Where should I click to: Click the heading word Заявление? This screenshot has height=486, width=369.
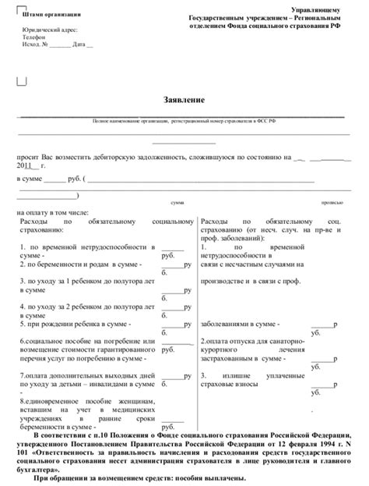pos(184,102)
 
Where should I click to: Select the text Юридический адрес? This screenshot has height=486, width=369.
pos(51,30)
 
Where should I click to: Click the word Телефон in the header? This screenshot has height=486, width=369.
pos(35,37)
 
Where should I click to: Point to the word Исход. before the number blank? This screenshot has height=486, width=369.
pos(33,44)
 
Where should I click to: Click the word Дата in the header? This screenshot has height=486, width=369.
pos(80,44)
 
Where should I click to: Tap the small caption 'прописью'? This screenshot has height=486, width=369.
pos(332,201)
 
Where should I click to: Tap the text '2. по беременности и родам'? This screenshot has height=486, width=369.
pos(70,264)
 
